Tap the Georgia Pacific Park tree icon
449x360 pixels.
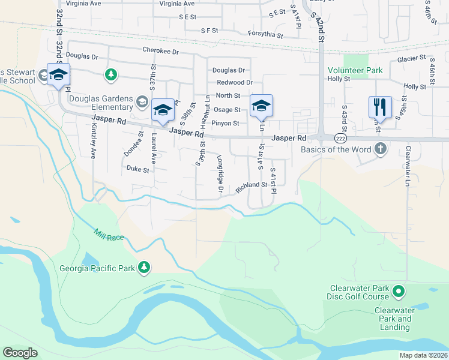[143, 267]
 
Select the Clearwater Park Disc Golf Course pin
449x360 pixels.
[399, 292]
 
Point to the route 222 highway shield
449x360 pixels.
[340, 139]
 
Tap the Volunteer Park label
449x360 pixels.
[355, 70]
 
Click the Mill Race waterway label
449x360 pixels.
[109, 234]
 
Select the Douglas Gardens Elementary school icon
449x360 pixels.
[142, 100]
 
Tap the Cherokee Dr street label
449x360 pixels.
[161, 52]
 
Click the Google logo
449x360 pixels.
[20, 352]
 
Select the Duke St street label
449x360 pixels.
[137, 170]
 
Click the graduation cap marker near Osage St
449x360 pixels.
[261, 106]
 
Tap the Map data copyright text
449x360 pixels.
[424, 355]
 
